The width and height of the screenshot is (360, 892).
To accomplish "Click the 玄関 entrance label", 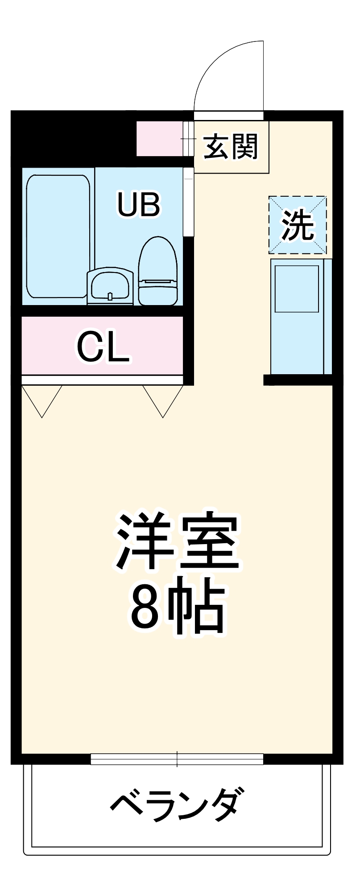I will pyautogui.click(x=231, y=147).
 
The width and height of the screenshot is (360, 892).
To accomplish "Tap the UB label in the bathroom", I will pyautogui.click(x=138, y=204).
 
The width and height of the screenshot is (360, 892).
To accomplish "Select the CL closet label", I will pyautogui.click(x=103, y=347).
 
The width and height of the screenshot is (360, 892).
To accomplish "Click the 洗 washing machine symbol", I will pyautogui.click(x=298, y=225).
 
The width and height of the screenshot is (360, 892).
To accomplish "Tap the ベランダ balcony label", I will pyautogui.click(x=177, y=805).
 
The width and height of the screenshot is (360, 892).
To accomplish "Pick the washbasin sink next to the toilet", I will pyautogui.click(x=110, y=286).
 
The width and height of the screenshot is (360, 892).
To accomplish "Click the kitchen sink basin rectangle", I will pyautogui.click(x=297, y=289).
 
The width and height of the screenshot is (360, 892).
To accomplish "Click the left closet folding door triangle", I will pyautogui.click(x=42, y=399).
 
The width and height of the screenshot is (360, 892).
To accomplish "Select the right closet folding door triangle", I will pyautogui.click(x=163, y=399).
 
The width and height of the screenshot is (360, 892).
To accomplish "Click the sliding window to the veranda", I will pyautogui.click(x=177, y=759).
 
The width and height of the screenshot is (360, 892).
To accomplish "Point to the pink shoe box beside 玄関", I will pyautogui.click(x=160, y=139).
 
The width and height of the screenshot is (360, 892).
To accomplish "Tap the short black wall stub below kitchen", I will pyautogui.click(x=298, y=380).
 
